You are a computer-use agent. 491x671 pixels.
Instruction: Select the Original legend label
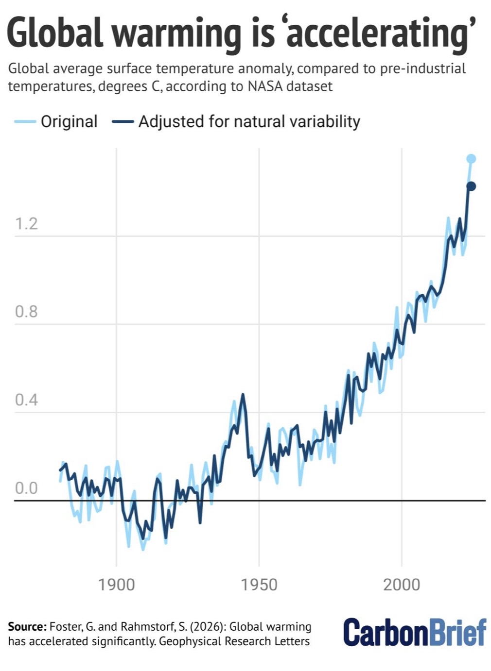[x=69, y=121]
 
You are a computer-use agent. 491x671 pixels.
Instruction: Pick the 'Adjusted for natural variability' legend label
[x=249, y=121]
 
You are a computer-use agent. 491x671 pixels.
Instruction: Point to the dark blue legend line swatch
[x=123, y=121]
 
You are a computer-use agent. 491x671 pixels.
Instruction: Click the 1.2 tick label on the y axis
[x=26, y=224]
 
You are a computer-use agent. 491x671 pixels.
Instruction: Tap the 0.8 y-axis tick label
[x=26, y=312]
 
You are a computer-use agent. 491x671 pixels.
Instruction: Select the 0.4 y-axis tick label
[x=26, y=400]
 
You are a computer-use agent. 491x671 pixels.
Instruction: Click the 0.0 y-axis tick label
[x=26, y=488]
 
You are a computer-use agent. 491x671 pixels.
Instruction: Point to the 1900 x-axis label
[x=116, y=585]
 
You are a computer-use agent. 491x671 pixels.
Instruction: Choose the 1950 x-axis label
[x=259, y=585]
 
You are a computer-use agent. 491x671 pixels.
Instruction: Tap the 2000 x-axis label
[x=402, y=585]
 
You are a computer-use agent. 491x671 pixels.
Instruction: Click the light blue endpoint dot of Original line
[x=471, y=159]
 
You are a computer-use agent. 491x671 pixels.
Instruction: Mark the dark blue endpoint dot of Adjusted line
[x=471, y=186]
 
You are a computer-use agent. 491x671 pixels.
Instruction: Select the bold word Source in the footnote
[x=27, y=627]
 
